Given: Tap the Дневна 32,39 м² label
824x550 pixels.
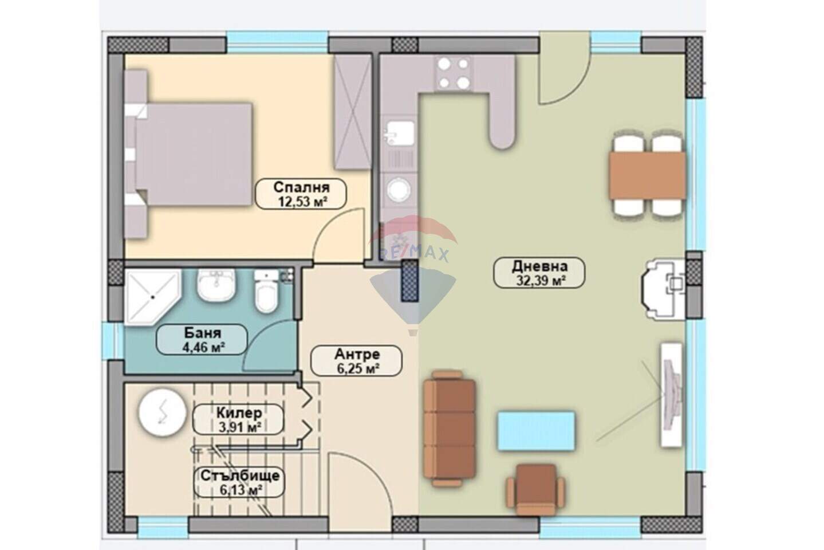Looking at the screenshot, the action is pos(539,273).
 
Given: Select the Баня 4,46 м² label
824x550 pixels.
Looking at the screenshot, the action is pos(202,339).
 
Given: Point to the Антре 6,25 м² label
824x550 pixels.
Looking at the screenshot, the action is pos(356,361).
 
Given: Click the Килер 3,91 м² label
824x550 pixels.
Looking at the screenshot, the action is pos(238,420).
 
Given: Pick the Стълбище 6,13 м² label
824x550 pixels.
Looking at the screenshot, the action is pos(239,482).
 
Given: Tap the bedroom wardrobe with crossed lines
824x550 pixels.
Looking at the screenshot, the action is pos(352,112).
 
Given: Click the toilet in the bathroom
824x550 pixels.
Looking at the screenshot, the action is pos(266,292).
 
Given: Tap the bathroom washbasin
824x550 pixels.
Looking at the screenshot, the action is pos(216,284).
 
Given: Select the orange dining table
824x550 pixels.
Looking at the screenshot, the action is pos(648,176).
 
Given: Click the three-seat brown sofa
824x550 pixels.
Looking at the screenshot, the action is pos(449,429).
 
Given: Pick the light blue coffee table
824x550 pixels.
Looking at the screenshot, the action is pos(536,431).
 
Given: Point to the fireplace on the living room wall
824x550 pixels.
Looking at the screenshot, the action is pos(663,289).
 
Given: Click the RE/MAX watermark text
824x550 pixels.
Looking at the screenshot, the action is pos(413,254).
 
